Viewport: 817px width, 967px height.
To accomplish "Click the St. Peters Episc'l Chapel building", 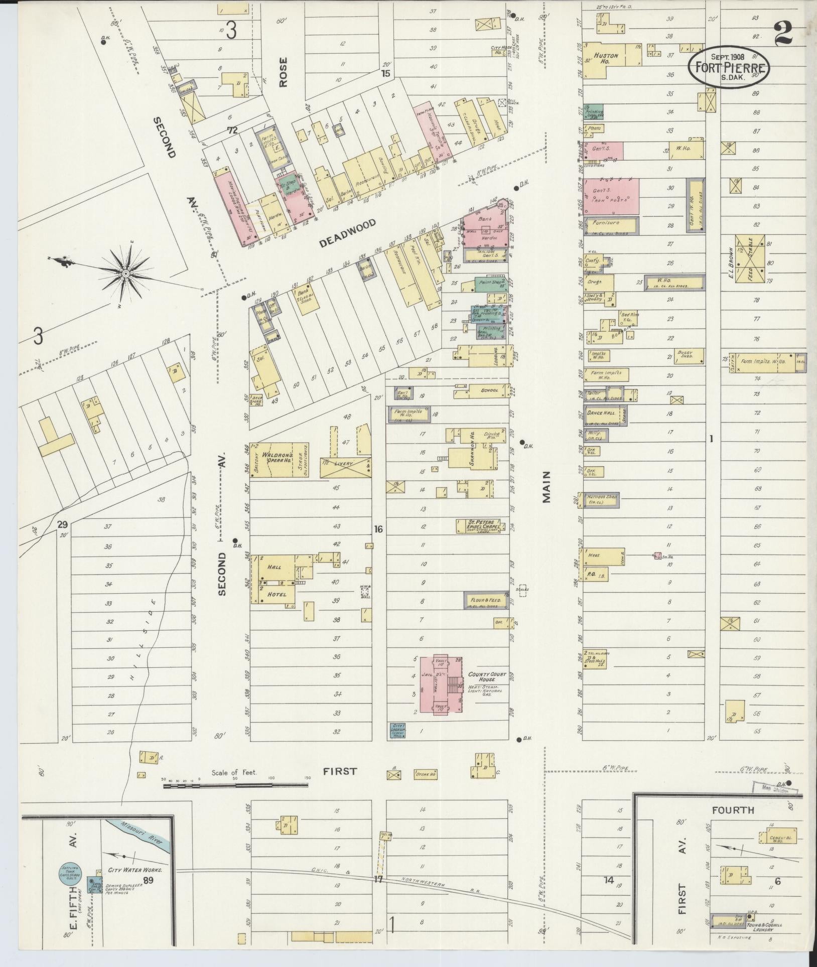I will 478,525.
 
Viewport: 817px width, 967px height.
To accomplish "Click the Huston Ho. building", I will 607,59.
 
